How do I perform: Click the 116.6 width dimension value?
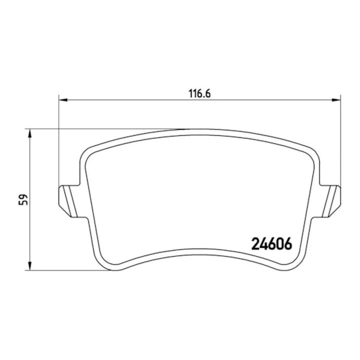pyautogui.click(x=200, y=94)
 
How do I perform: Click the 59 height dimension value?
pyautogui.click(x=23, y=200)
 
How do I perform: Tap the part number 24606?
pyautogui.click(x=272, y=244)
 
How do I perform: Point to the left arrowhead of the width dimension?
pyautogui.click(x=63, y=100)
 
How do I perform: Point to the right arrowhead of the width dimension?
pyautogui.click(x=336, y=100)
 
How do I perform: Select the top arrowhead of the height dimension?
pyautogui.click(x=29, y=133)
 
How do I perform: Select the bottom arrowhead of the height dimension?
pyautogui.click(x=29, y=266)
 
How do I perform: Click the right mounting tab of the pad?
pyautogui.click(x=329, y=201)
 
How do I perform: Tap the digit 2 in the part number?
pyautogui.click(x=255, y=244)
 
